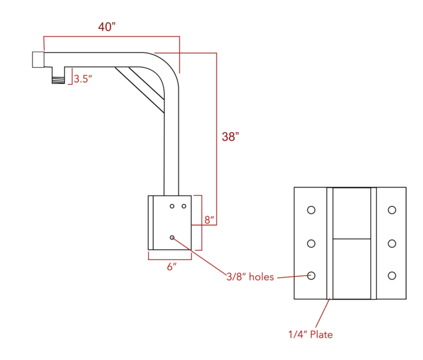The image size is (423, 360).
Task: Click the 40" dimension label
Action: point(107,27)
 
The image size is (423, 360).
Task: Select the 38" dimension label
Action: point(230,137)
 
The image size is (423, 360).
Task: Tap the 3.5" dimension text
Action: point(83,79)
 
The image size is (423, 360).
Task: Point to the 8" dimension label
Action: point(209,220)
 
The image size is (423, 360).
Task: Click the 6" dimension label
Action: point(172,267)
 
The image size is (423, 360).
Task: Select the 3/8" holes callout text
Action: point(250,277)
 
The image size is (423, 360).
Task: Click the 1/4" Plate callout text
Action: point(310,334)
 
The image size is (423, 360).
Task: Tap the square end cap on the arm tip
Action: point(38,59)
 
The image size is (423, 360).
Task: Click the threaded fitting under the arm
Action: point(58,76)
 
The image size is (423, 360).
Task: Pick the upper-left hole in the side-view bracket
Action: point(172,206)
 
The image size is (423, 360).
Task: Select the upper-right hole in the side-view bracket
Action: point(184,206)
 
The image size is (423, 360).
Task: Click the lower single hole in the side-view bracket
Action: point(172,237)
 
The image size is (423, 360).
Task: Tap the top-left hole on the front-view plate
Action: point(311,210)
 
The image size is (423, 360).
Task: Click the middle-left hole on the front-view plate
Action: point(311,243)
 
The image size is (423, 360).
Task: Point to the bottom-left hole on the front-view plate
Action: point(311,275)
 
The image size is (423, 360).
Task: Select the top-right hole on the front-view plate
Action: point(392,210)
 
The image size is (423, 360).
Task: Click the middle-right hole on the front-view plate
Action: point(392,243)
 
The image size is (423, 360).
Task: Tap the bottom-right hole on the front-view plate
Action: point(392,275)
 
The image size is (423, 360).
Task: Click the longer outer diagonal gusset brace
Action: point(140,90)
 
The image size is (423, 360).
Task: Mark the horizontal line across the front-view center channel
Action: point(351,239)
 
